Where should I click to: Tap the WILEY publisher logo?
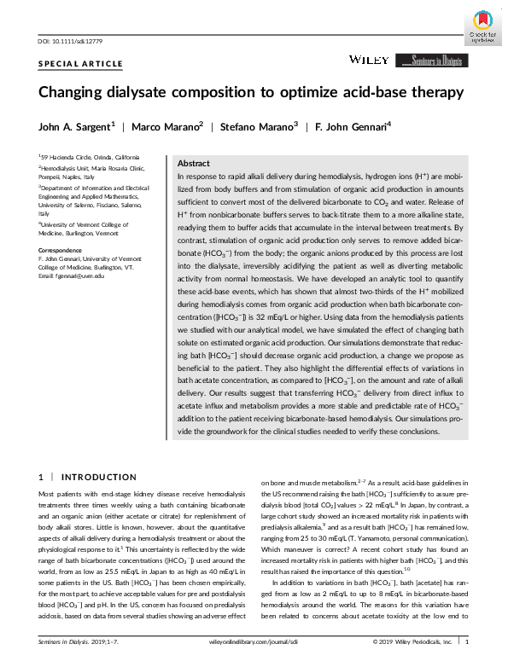click(x=368, y=60)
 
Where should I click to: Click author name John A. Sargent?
click(x=77, y=127)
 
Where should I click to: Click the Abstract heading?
click(x=194, y=163)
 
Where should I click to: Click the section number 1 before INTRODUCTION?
click(x=42, y=476)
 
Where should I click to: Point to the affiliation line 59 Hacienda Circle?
click(x=84, y=158)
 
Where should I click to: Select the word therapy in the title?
click(x=434, y=92)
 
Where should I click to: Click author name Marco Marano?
click(x=169, y=127)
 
